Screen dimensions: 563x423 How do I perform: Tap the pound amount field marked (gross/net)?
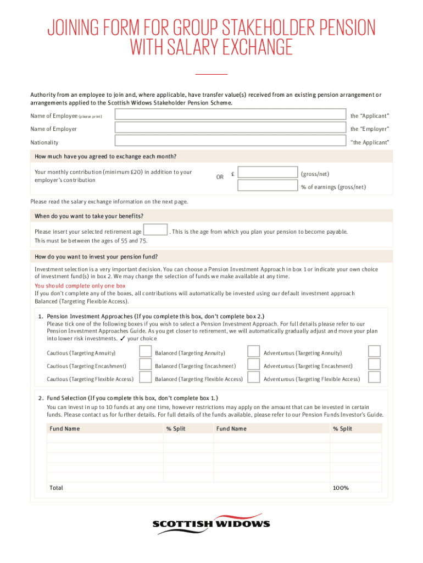pyautogui.click(x=268, y=173)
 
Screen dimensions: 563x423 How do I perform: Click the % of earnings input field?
pyautogui.click(x=268, y=186)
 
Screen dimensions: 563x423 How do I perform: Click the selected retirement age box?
pyautogui.click(x=155, y=230)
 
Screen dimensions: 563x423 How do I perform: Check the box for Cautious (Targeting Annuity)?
pyautogui.click(x=145, y=351)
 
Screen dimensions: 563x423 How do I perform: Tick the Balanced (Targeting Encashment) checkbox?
pyautogui.click(x=253, y=365)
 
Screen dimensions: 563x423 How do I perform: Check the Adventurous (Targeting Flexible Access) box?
pyautogui.click(x=374, y=378)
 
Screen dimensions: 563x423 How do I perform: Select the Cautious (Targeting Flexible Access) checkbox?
pyautogui.click(x=145, y=378)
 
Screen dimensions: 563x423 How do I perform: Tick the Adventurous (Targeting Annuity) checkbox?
pyautogui.click(x=374, y=351)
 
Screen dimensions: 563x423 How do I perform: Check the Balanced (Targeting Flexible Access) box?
pyautogui.click(x=253, y=378)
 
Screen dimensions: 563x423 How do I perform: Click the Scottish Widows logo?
pyautogui.click(x=211, y=523)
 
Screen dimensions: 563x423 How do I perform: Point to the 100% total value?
pyautogui.click(x=341, y=488)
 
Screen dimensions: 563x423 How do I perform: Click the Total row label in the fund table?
pyautogui.click(x=57, y=488)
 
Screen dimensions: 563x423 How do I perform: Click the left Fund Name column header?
pyautogui.click(x=65, y=429)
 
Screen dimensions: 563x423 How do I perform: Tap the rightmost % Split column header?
pyautogui.click(x=342, y=429)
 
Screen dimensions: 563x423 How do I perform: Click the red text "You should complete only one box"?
pyautogui.click(x=80, y=286)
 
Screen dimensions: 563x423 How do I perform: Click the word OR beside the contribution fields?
pyautogui.click(x=220, y=177)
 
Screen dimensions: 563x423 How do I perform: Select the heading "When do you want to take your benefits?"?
pyautogui.click(x=89, y=216)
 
